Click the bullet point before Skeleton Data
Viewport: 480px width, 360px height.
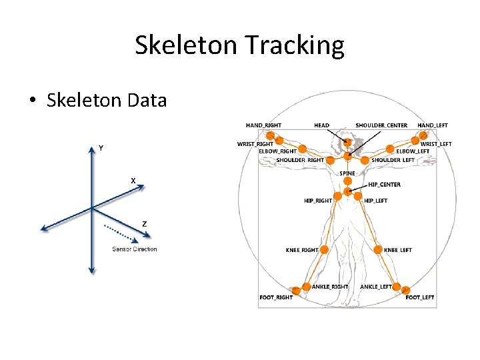point(32,101)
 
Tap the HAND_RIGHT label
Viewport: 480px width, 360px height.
point(263,125)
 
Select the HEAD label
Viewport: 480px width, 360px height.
point(321,125)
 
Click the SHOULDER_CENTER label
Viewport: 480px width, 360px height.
point(381,125)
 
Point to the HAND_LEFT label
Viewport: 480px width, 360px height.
point(433,125)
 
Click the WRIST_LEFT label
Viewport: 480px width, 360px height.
point(436,144)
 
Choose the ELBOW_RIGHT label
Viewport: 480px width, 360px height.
point(277,151)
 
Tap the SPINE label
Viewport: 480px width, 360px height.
point(347,173)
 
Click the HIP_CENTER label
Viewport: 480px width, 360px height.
point(385,185)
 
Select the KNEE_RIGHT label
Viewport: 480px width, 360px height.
point(302,250)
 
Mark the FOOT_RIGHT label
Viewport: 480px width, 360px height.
point(275,297)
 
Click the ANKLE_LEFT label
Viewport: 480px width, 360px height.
point(377,287)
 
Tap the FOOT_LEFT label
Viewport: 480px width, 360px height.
point(420,297)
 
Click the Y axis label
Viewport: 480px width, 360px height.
point(101,147)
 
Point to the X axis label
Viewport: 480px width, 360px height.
point(133,181)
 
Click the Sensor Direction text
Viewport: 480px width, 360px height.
point(134,249)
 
